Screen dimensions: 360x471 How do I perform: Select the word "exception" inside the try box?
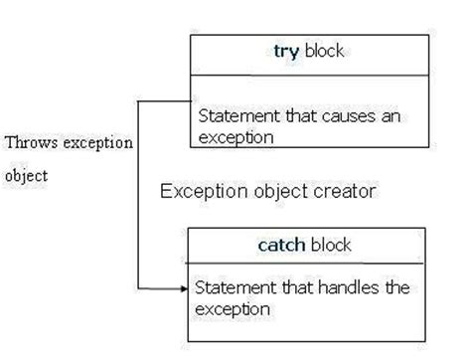(235, 137)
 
